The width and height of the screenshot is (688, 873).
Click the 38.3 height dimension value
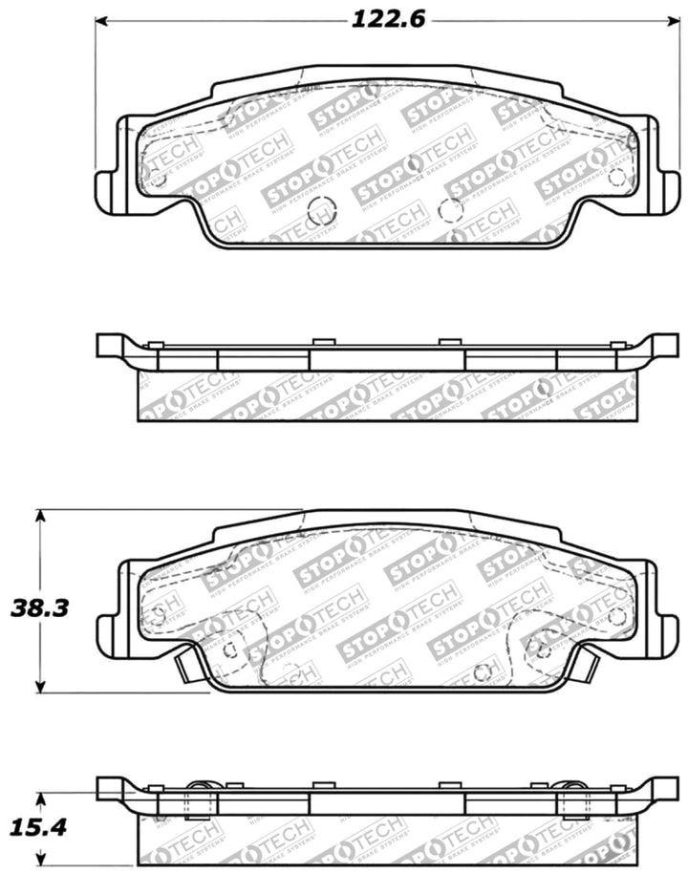point(37,607)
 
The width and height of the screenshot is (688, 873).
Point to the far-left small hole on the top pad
point(159,179)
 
